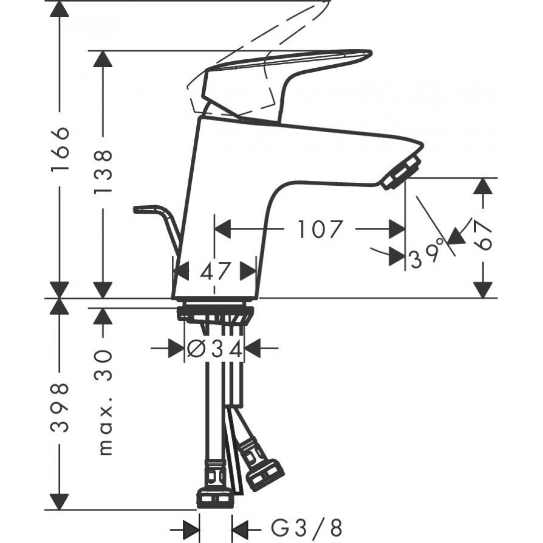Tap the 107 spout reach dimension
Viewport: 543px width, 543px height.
(x=321, y=230)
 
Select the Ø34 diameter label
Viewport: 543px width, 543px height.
(x=215, y=349)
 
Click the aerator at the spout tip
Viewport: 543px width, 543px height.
(x=402, y=172)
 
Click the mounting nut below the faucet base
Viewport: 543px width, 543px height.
(x=215, y=314)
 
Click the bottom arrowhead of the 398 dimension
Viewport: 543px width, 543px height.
(x=60, y=501)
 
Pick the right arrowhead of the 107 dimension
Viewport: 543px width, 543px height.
(x=397, y=230)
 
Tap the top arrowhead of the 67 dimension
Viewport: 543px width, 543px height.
(x=483, y=187)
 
